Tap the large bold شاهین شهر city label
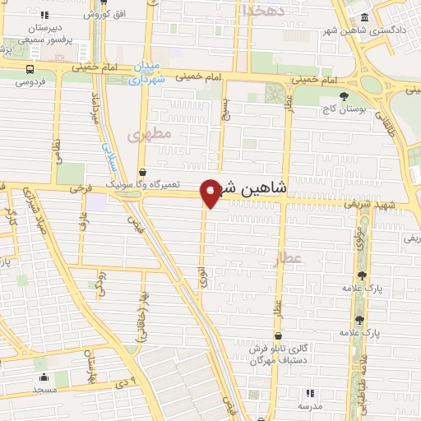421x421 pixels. click(x=252, y=188)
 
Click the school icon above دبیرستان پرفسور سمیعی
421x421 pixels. click(x=44, y=15)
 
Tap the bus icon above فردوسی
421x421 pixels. click(x=30, y=70)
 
